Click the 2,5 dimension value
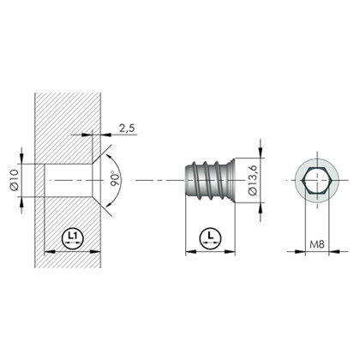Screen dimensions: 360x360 [126, 128]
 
